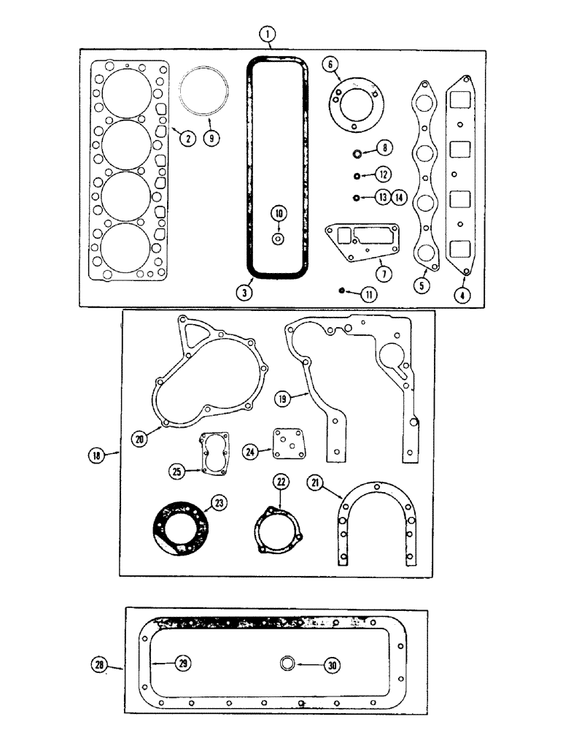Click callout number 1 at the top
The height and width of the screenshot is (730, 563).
[270, 34]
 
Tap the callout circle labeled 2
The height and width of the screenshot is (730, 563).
[187, 136]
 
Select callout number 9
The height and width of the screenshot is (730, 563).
[211, 137]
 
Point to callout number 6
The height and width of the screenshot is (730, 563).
[331, 65]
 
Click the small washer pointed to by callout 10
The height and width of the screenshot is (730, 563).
[278, 239]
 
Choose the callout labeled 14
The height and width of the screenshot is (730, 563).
[399, 196]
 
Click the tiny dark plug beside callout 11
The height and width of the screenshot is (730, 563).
[341, 291]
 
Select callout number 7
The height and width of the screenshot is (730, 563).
[383, 274]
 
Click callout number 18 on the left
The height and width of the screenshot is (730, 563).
[95, 456]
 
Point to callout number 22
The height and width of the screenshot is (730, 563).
[281, 481]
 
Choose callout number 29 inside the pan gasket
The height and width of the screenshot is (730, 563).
[182, 664]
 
